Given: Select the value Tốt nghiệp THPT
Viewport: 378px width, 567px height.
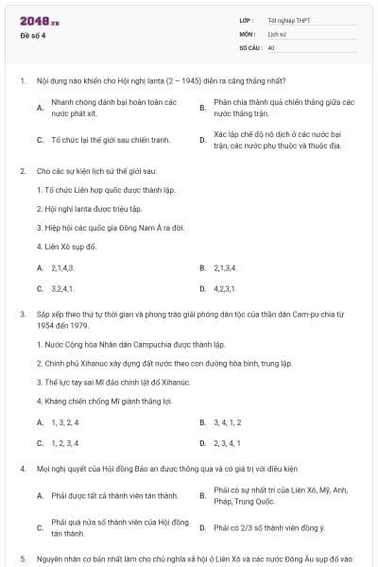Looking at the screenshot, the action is point(287,20).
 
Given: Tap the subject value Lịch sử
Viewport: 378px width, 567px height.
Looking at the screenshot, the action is point(276,33).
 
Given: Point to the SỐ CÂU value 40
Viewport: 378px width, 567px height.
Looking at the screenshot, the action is point(271,46).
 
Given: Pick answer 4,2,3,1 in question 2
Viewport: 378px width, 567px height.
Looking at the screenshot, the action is point(225,288).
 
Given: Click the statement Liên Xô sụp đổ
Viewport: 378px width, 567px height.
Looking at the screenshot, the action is point(65,247).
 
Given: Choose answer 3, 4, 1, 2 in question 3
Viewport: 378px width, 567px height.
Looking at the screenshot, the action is point(227,422).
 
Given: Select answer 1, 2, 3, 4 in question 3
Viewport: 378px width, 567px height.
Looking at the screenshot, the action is point(64,442).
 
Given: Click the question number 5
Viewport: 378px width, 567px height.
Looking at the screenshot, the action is point(21,558).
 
